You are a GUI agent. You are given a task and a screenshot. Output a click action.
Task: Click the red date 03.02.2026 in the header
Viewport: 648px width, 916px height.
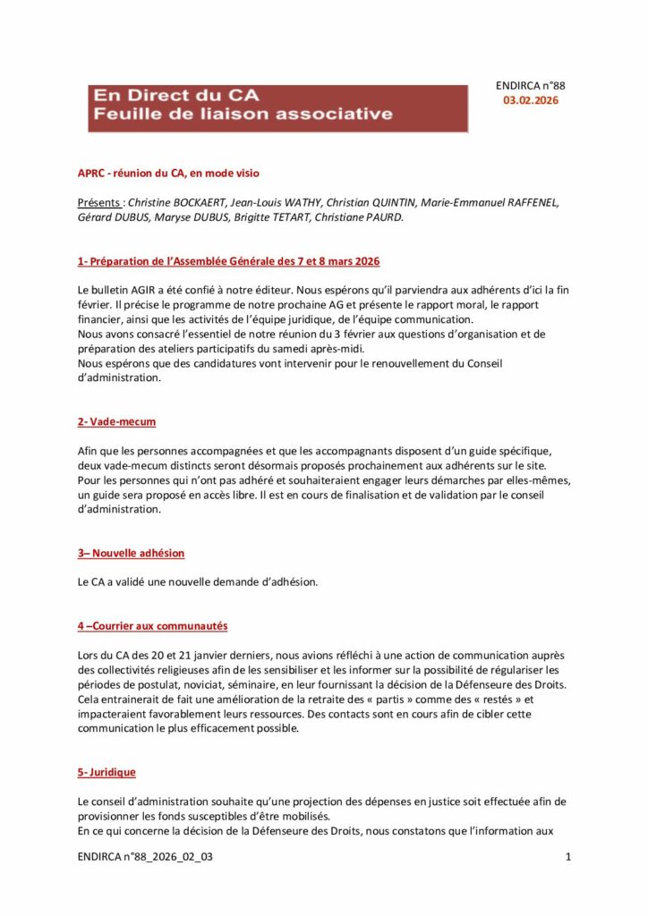tap(531, 101)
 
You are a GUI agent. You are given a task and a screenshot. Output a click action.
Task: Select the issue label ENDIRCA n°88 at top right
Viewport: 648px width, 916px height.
tap(530, 86)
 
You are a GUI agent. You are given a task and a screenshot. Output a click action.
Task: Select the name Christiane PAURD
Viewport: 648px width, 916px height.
tap(355, 217)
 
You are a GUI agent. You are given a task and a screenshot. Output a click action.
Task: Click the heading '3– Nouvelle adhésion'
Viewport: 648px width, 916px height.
tap(131, 553)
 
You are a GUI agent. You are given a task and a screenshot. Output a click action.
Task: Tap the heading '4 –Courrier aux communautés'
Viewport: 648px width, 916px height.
tap(152, 626)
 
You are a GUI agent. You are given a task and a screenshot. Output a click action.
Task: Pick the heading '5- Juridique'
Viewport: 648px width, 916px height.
tap(107, 771)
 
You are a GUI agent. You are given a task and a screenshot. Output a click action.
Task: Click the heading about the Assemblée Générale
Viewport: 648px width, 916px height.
tap(228, 261)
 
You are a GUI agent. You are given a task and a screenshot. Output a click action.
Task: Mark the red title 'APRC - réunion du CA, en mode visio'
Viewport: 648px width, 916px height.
tap(168, 173)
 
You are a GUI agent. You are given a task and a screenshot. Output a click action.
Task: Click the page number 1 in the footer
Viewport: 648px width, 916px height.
tap(568, 858)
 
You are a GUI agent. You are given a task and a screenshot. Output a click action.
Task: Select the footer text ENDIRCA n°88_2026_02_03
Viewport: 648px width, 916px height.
tap(145, 858)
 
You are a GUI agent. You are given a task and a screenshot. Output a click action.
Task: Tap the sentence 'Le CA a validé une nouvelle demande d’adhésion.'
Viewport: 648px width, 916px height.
tap(198, 582)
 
